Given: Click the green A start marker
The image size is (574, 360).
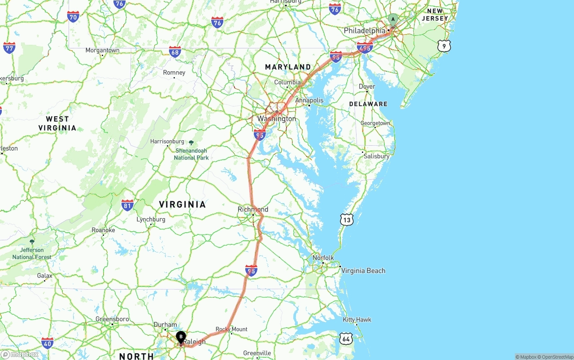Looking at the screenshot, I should tap(393, 20).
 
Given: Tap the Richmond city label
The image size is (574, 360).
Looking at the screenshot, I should tap(253, 209).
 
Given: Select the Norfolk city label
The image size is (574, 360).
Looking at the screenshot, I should tap(323, 258).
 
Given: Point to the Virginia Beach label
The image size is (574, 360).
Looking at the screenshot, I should tap(363, 271).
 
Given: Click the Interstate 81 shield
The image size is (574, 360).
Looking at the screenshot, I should tap(127, 205).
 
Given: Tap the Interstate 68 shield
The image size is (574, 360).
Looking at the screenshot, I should tap(175, 52).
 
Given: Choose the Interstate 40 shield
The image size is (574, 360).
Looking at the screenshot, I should tap(48, 343).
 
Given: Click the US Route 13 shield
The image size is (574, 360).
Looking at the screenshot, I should tap(346, 219).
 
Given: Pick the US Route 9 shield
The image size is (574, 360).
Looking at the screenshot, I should tap(444, 46).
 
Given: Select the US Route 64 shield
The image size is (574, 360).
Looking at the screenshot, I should tap(346, 338).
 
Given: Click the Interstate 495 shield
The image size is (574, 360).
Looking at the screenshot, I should tap(365, 48).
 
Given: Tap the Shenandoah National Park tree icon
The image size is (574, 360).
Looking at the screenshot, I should tap(191, 143).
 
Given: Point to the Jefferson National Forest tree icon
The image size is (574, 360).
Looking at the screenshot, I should tap(32, 242).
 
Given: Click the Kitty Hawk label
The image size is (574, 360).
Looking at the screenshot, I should tap(357, 320).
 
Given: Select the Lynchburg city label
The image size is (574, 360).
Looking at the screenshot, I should tap(151, 220).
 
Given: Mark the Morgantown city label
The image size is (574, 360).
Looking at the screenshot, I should tap(103, 50).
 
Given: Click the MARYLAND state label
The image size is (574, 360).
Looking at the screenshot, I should tap(288, 67).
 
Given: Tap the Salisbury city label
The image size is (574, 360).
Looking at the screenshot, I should tap(377, 156).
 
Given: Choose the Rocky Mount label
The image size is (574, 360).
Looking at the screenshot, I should tap(231, 329).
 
